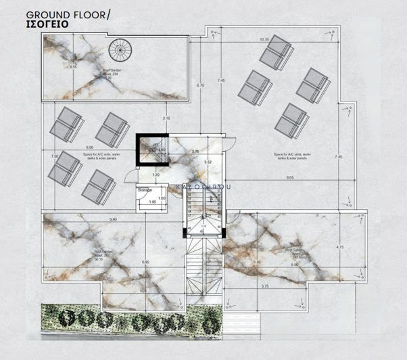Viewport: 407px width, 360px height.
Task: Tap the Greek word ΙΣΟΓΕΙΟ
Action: (x=48, y=25)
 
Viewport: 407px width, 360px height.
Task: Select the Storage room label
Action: (x=145, y=191)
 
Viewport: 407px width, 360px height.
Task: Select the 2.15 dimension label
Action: (x=166, y=119)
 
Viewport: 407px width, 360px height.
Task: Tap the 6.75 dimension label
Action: (x=200, y=86)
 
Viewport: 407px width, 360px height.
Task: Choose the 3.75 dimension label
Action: (x=195, y=152)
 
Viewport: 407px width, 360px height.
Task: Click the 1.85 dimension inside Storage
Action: (x=152, y=202)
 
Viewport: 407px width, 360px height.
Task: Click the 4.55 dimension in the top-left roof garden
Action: (x=53, y=67)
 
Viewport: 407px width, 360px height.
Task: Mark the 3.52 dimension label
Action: (x=208, y=162)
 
